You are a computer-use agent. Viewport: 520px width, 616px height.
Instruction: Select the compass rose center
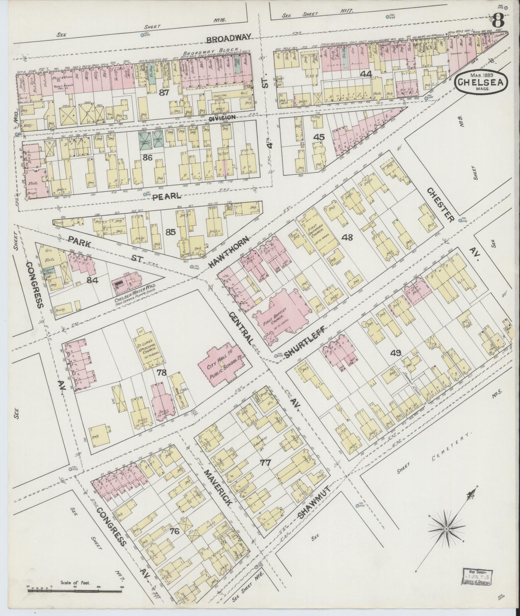point(446,529)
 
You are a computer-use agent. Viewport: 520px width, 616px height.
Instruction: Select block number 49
point(396,353)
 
